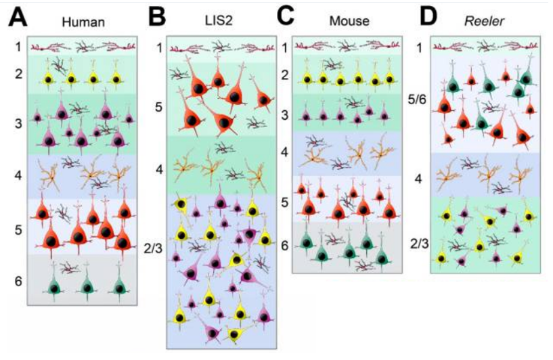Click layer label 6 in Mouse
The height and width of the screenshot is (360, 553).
285,244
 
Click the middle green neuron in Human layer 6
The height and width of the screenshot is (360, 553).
87,288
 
